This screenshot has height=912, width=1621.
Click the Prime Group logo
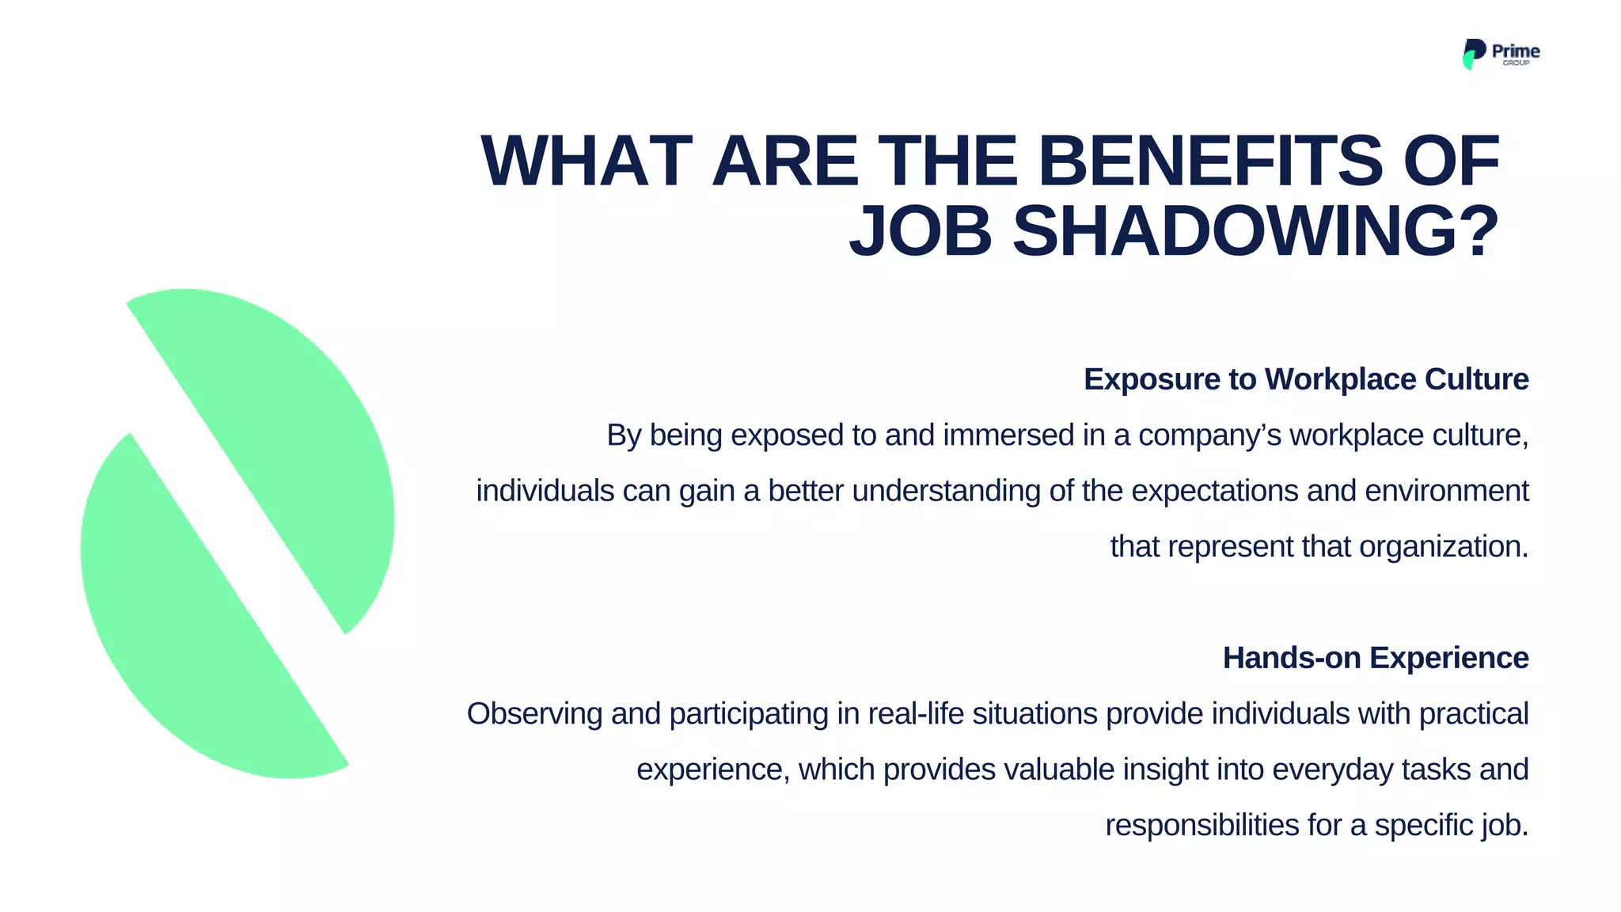[1500, 54]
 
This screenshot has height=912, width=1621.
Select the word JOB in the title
[920, 232]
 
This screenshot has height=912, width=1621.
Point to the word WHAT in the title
[587, 161]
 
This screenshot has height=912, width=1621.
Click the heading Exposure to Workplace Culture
[1305, 379]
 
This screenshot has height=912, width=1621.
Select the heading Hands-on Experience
[1375, 658]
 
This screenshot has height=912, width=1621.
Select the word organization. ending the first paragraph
[1444, 546]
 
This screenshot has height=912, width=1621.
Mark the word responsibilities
[1202, 825]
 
